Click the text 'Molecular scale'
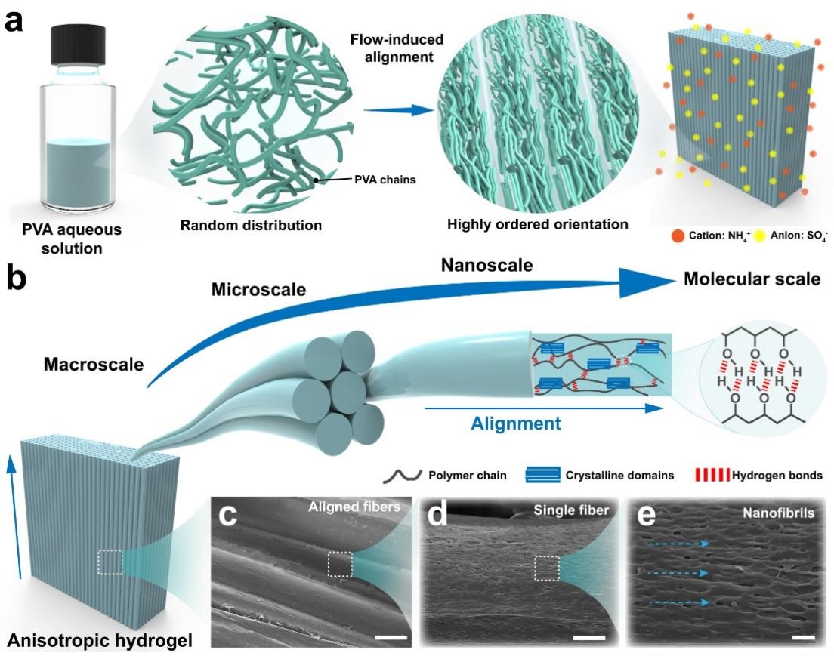click(751, 279)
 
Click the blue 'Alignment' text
click(516, 423)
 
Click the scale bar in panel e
click(804, 639)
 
